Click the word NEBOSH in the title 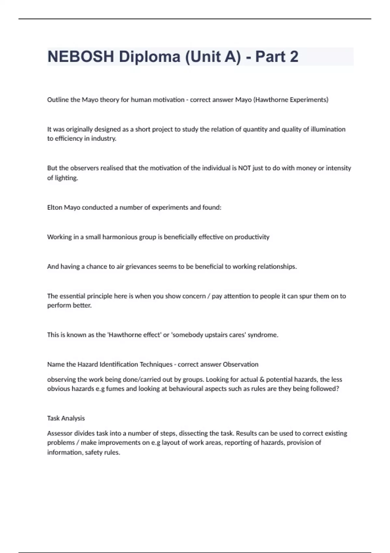pos(81,57)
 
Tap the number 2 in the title pos(293,57)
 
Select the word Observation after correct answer pos(240,365)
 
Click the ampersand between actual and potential pos(262,380)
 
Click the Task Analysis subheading pos(66,418)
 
